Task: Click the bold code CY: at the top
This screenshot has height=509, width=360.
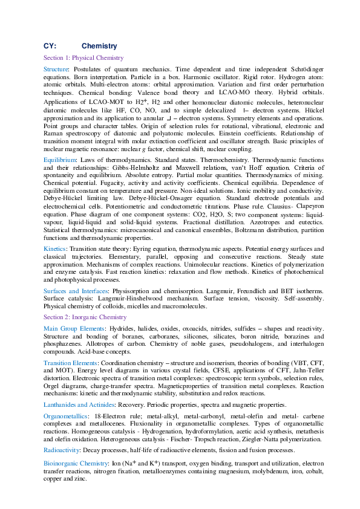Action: pyautogui.click(x=50, y=46)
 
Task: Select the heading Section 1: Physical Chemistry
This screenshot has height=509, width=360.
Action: pyautogui.click(x=83, y=58)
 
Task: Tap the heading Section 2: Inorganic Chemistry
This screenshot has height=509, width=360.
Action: pyautogui.click(x=85, y=317)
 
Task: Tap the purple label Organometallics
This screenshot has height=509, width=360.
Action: pyautogui.click(x=65, y=417)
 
